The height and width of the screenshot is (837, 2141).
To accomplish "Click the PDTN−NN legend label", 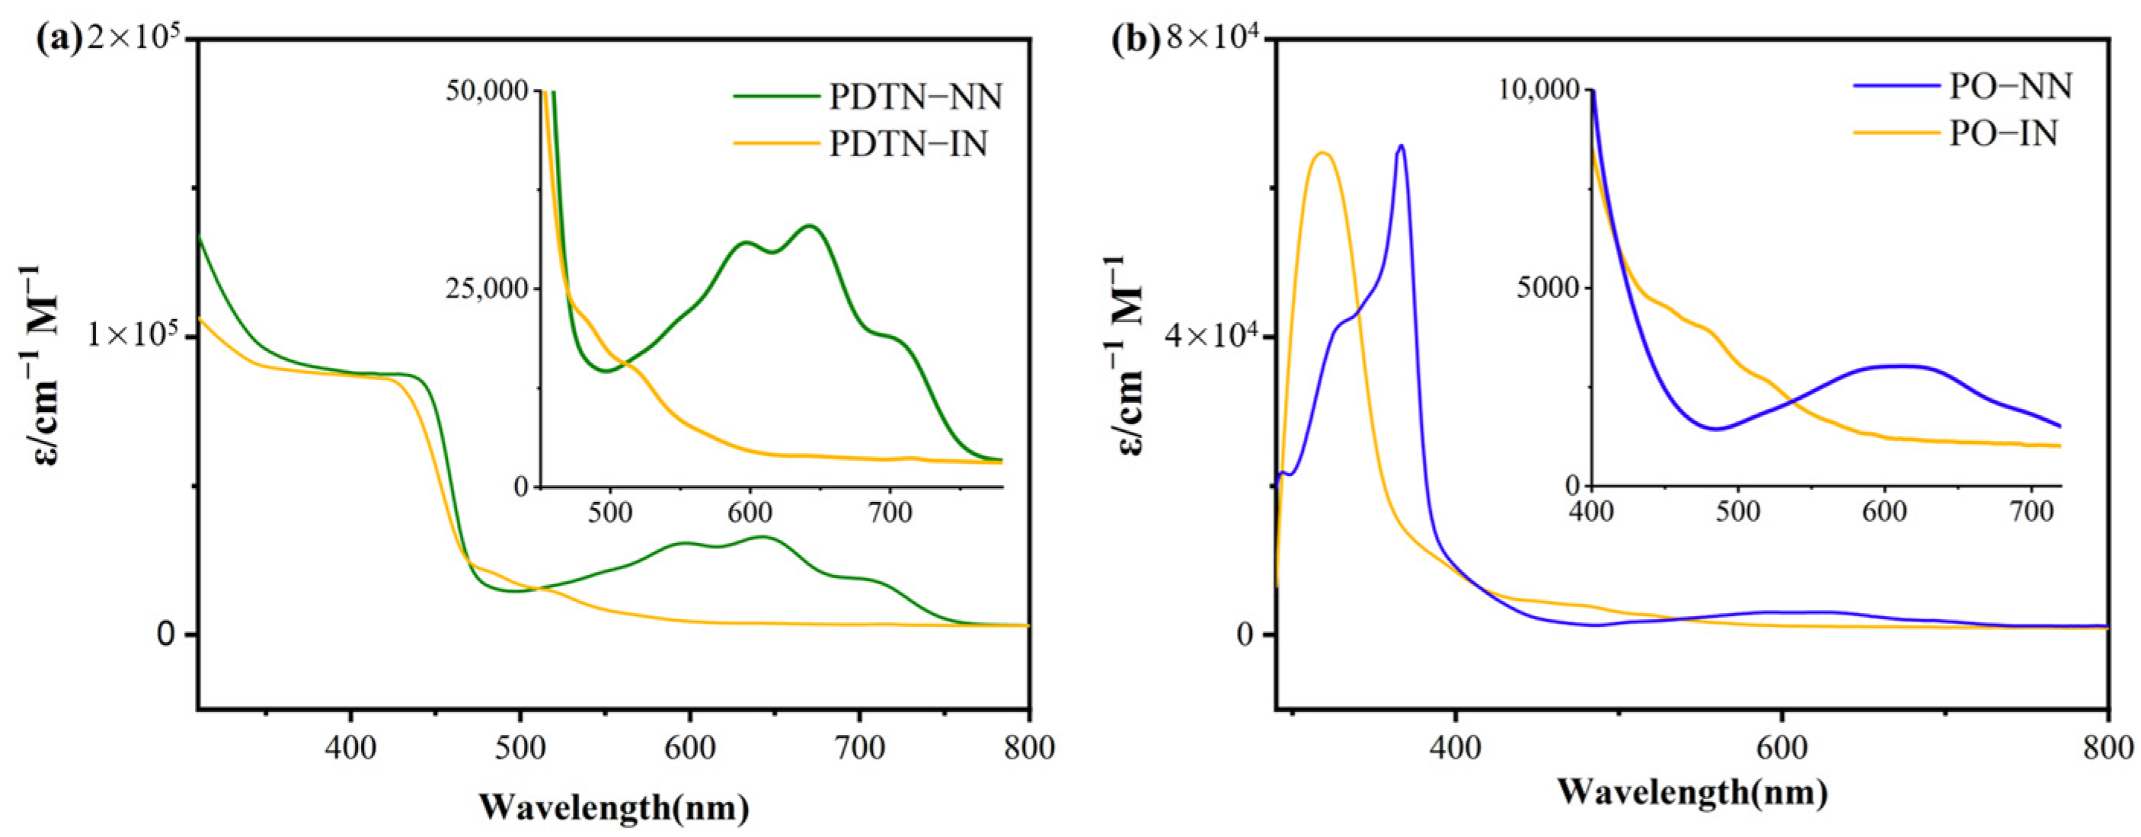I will click(x=915, y=97).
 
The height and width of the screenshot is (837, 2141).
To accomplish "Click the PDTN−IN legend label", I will click(x=908, y=145).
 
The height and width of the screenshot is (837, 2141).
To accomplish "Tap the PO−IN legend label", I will click(x=2003, y=133).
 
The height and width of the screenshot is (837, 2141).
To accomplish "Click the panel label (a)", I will click(x=58, y=40).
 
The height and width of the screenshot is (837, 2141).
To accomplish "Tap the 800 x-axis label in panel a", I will click(x=1029, y=748).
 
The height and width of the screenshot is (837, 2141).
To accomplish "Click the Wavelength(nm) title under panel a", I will click(x=614, y=807).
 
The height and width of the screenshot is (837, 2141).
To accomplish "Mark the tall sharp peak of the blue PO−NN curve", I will click(x=1401, y=146).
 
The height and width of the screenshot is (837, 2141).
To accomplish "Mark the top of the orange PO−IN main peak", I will click(x=1322, y=153).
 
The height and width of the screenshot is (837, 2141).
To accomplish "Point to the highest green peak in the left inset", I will click(x=809, y=226).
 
